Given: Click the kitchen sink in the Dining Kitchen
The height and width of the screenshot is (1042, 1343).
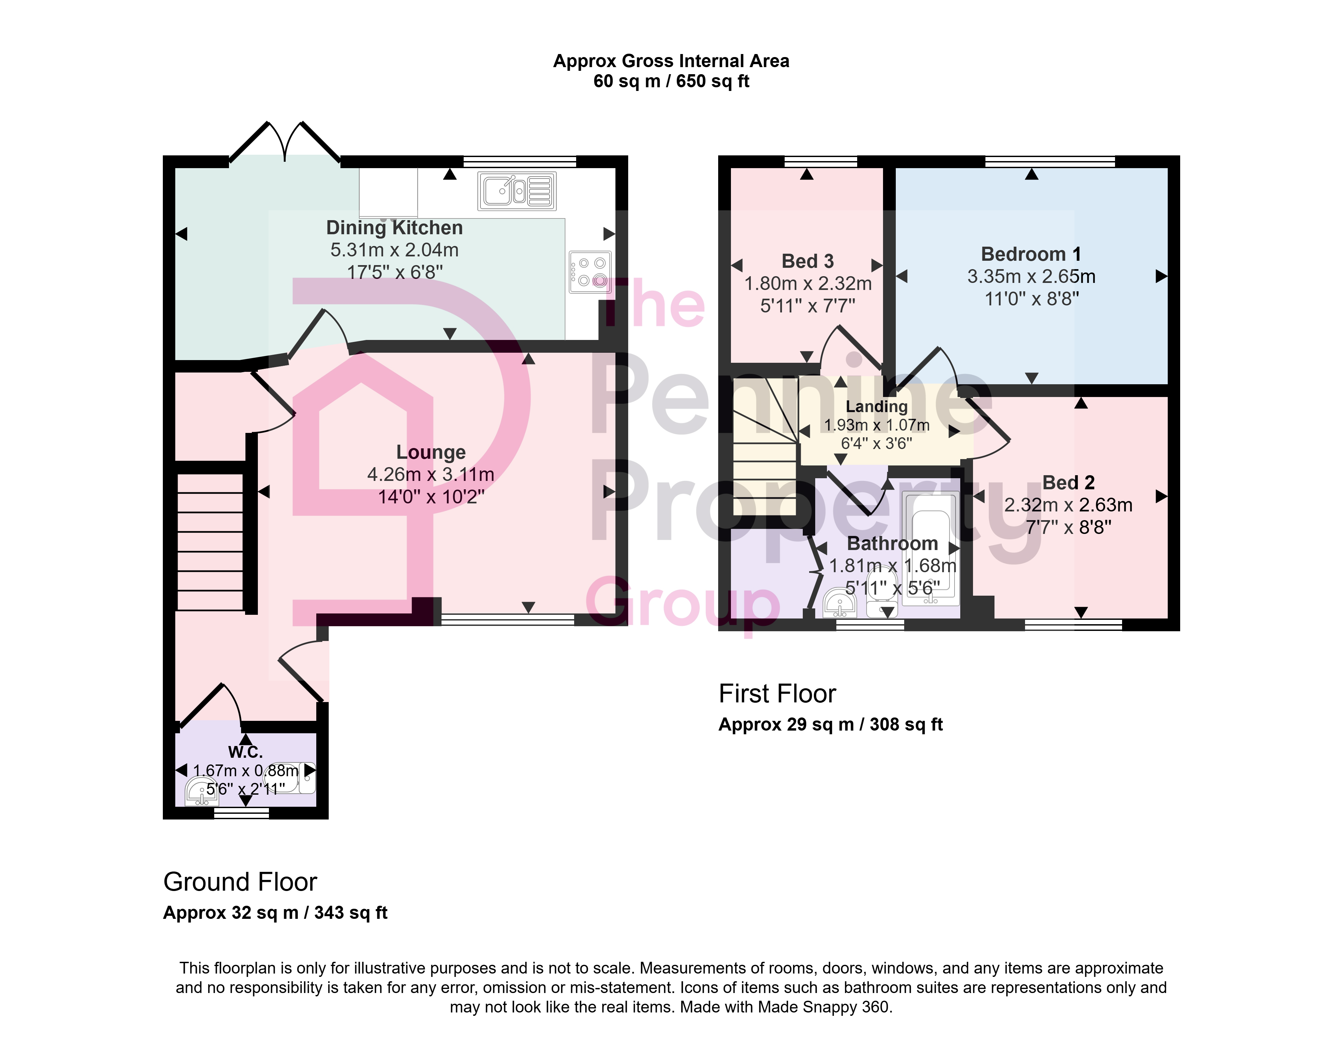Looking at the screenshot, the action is point(517,191).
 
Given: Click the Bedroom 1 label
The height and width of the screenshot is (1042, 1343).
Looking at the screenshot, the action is point(1031,254).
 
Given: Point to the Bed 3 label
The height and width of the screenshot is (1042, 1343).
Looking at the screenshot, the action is point(807,261).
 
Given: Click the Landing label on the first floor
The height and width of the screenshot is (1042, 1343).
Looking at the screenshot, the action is point(876,406).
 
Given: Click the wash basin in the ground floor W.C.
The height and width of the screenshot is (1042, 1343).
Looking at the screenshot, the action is point(201,791).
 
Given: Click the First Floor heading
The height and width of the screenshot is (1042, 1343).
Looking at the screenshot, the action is point(777,693).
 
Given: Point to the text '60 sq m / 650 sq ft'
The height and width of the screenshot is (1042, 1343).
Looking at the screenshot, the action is point(671,81).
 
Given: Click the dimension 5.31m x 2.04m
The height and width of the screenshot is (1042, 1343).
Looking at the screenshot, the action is point(394,250).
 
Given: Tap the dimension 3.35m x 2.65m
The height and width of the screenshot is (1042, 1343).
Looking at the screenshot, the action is point(1031,277).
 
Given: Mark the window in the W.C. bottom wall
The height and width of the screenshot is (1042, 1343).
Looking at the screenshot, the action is point(242,813).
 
